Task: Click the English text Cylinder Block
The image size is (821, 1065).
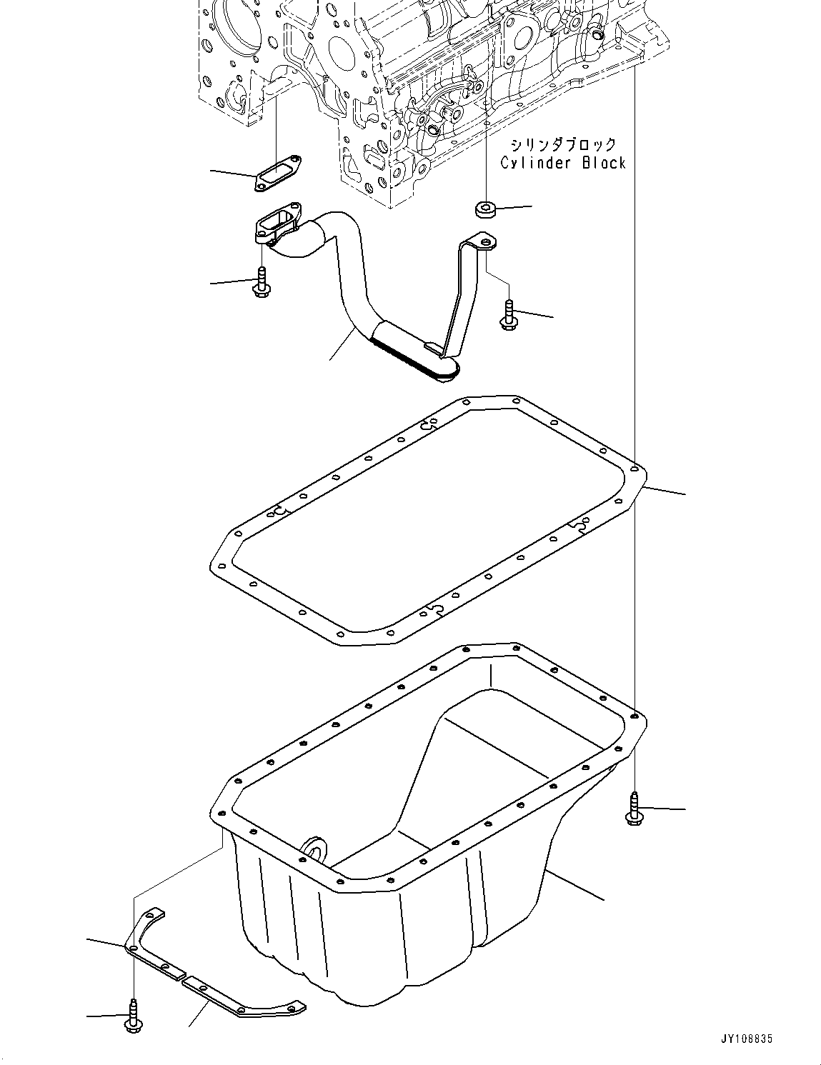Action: point(562,163)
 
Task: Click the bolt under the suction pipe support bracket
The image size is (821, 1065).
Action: point(509,314)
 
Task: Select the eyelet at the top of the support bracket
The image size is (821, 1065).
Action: point(486,244)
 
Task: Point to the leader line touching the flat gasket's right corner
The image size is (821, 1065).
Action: point(665,490)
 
